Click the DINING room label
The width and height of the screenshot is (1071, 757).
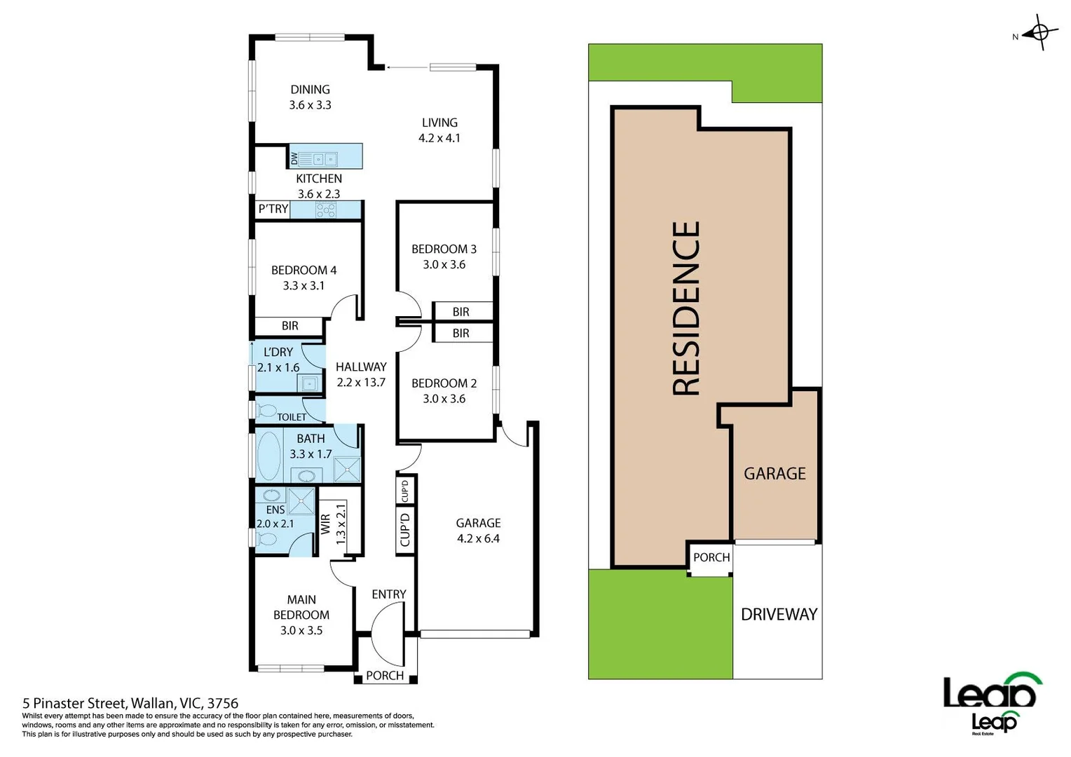310,90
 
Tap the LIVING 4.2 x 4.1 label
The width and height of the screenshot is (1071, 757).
439,130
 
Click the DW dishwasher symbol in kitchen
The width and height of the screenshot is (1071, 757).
294,158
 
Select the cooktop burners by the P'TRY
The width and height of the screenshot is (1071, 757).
326,209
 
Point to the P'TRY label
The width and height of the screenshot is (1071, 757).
273,209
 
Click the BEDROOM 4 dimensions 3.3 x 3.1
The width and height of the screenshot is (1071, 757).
303,286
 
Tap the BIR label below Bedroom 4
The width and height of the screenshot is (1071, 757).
289,326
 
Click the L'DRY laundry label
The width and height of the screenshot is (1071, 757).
278,352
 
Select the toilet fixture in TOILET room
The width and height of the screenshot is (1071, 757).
268,409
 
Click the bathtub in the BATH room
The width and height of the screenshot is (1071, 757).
268,455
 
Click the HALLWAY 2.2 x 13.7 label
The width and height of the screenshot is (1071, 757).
360,374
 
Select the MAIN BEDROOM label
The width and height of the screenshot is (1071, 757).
301,607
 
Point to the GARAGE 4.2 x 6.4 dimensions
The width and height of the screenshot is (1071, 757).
478,539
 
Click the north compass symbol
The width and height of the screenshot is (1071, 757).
1040,33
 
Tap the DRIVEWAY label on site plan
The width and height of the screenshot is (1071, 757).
779,615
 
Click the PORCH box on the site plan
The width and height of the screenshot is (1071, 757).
711,558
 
